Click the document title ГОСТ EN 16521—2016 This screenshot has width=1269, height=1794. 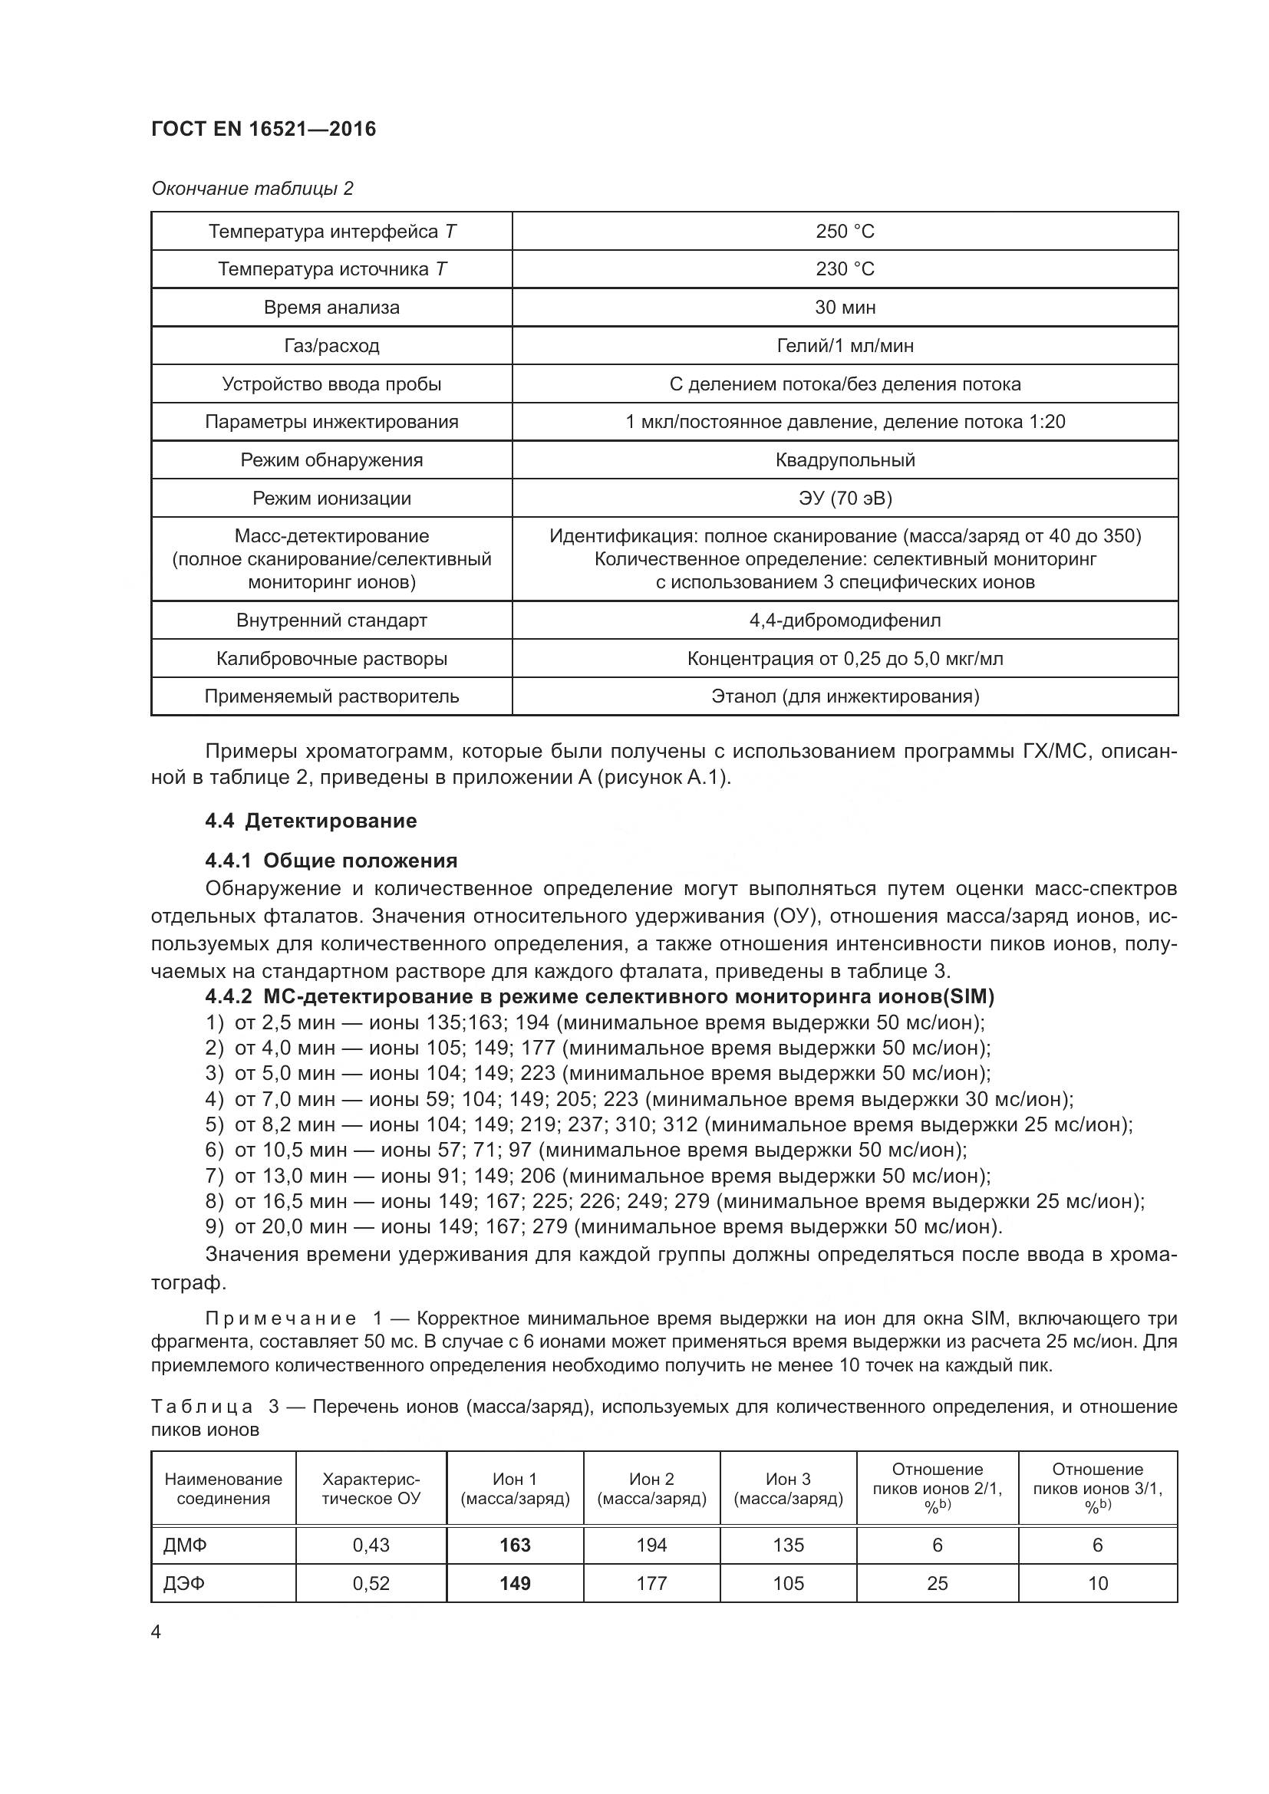[x=263, y=129]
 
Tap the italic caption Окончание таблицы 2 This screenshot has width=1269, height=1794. [x=252, y=189]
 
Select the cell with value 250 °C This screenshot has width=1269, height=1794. [x=845, y=232]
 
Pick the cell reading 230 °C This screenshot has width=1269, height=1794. [x=845, y=268]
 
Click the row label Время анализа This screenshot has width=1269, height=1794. [x=331, y=307]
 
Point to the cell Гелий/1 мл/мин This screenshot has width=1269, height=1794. [x=845, y=345]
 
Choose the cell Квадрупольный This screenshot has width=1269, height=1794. [x=845, y=459]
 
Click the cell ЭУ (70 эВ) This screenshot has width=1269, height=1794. [x=845, y=498]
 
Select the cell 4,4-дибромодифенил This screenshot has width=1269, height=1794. [x=845, y=620]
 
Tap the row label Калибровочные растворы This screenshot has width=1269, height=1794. [x=331, y=659]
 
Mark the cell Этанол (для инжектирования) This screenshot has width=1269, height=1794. [x=845, y=696]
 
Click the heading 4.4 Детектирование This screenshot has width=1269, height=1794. [x=310, y=821]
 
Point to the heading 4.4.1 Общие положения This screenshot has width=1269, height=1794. [x=331, y=861]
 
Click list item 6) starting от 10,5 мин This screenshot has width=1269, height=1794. [x=586, y=1150]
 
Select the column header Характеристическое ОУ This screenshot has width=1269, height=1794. [x=371, y=1489]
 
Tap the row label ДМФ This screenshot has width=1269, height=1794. [x=185, y=1545]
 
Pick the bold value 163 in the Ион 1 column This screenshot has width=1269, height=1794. [x=515, y=1545]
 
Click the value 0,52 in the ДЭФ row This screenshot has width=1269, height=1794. [x=371, y=1583]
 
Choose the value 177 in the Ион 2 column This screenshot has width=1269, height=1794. [x=651, y=1583]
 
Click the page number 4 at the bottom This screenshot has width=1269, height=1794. [x=157, y=1632]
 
